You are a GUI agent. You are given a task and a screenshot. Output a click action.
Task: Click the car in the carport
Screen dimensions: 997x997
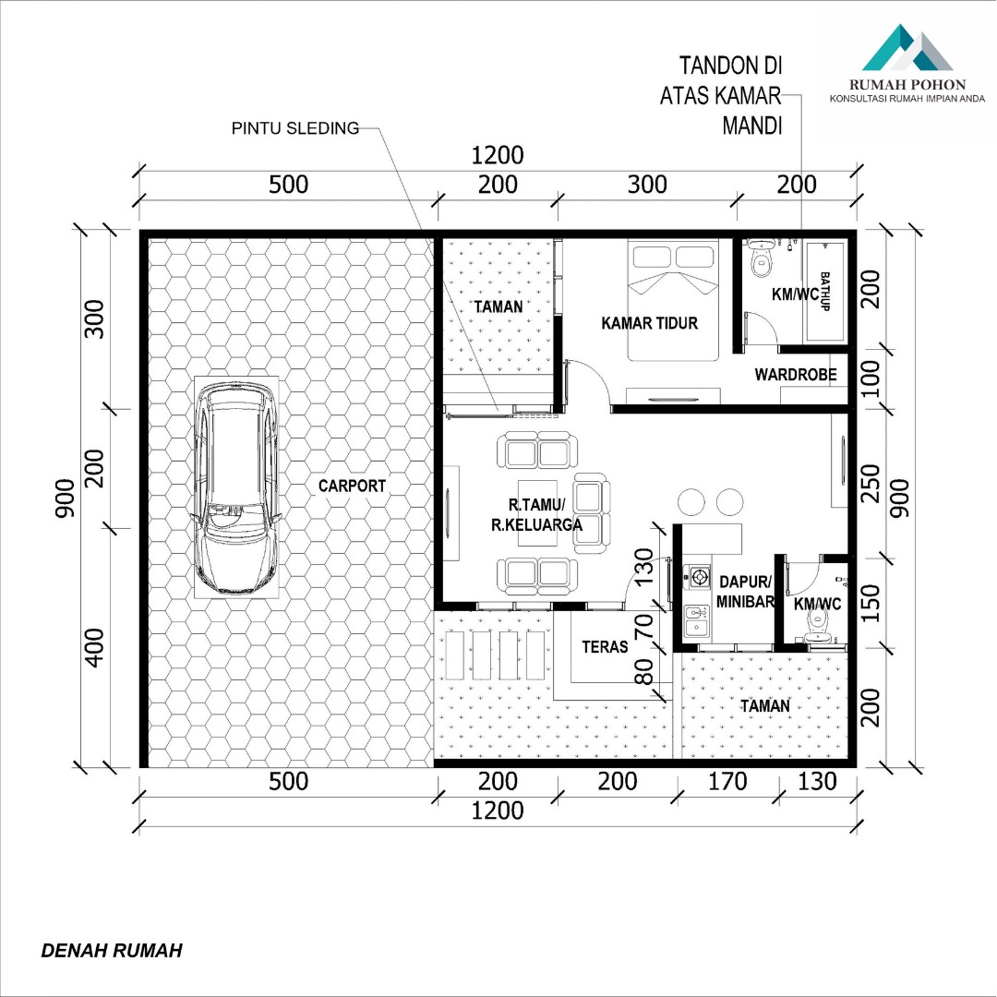[x=236, y=487]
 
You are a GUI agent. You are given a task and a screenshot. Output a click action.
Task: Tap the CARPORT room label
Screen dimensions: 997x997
[x=352, y=486]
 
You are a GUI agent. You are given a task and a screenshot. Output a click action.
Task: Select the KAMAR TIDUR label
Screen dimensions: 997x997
[x=649, y=323]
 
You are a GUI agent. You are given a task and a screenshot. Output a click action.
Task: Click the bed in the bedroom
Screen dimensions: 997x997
[x=673, y=299]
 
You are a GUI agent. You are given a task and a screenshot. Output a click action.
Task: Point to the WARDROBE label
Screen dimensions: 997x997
[x=796, y=375]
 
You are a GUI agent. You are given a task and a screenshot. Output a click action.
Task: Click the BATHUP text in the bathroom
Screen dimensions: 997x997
[x=825, y=291]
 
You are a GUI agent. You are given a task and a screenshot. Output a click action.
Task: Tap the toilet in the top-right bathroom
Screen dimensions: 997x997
[x=761, y=258]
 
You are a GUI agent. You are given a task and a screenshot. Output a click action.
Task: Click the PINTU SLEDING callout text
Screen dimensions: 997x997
[x=295, y=128]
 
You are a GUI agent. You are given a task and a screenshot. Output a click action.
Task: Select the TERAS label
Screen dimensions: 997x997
[x=605, y=646]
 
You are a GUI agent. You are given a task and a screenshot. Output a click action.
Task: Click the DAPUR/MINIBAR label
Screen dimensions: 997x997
[x=745, y=592]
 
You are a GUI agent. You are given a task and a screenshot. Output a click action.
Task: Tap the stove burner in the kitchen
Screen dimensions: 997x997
[x=700, y=577]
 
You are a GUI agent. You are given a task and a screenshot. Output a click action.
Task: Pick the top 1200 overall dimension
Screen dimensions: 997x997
[x=498, y=155]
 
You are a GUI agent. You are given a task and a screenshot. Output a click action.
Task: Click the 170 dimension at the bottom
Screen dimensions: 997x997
[x=727, y=782]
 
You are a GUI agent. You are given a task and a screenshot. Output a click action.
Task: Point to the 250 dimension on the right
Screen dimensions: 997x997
[x=870, y=483]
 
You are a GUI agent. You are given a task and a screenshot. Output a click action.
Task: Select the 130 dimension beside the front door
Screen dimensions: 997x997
[x=644, y=567]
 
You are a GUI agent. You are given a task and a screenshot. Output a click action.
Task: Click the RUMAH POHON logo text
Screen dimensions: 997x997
[x=907, y=85]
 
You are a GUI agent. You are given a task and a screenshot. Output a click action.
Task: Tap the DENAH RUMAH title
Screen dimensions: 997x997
[x=112, y=951]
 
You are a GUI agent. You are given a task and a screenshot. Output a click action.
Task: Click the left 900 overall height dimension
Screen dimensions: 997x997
[x=65, y=498]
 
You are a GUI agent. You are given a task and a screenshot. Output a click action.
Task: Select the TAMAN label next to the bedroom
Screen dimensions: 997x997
[x=498, y=307]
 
